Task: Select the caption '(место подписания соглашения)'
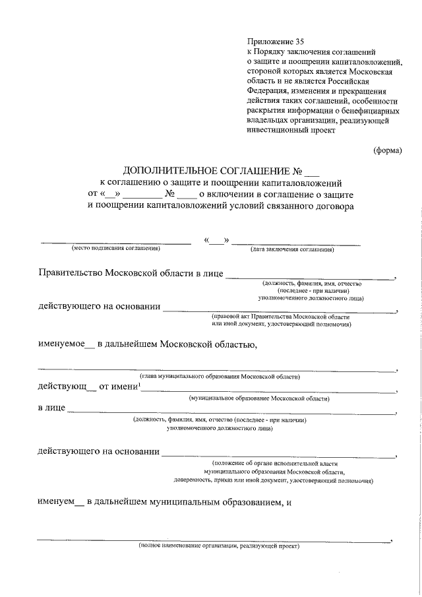click(x=116, y=249)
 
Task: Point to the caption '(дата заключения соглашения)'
click(x=291, y=250)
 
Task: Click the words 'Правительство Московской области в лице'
click(x=131, y=273)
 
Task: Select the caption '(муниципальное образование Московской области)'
click(x=259, y=399)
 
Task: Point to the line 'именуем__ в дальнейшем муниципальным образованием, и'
click(x=165, y=502)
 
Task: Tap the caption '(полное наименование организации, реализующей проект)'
click(x=219, y=546)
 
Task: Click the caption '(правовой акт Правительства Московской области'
click(x=276, y=317)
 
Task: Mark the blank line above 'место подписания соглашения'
click(x=116, y=243)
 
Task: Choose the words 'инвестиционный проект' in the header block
click(x=291, y=130)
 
